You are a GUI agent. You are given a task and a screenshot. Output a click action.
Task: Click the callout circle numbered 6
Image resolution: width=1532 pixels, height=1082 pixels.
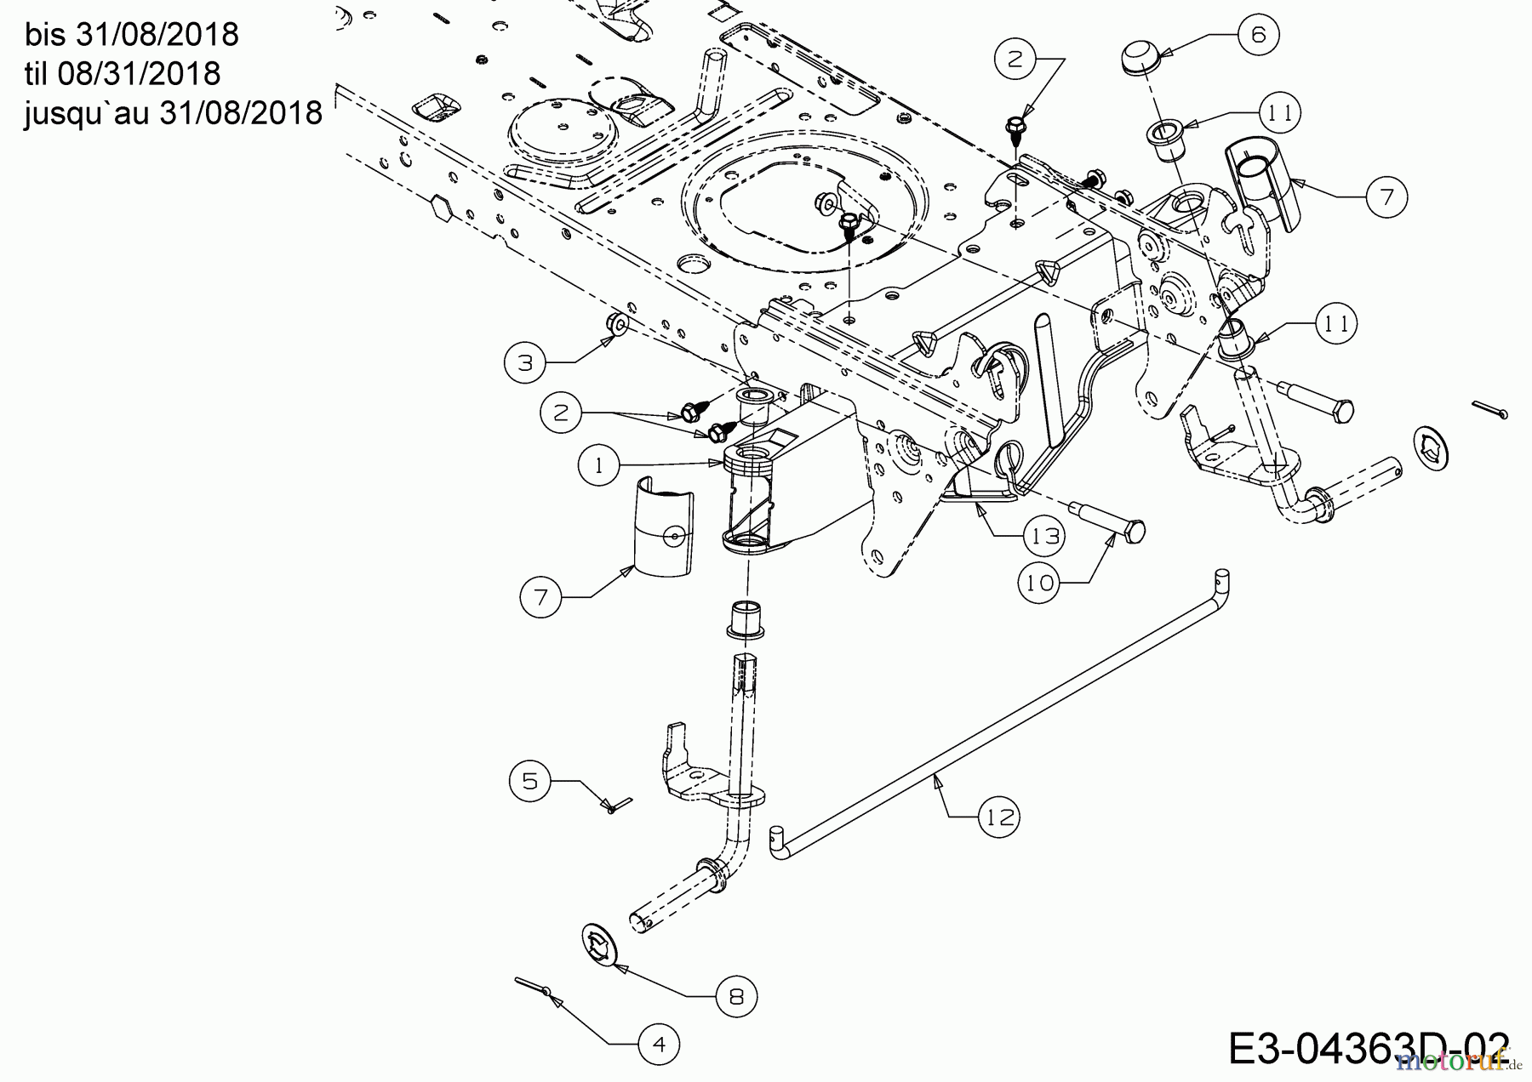(1258, 35)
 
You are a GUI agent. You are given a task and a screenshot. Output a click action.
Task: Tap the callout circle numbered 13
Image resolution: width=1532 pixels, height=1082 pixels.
(1044, 536)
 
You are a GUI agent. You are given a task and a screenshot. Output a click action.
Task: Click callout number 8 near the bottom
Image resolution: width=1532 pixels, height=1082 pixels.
(736, 996)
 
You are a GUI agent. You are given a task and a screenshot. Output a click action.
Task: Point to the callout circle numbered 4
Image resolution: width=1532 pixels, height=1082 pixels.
(660, 1045)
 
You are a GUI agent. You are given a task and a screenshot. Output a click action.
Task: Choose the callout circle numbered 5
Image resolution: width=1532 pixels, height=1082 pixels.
(530, 781)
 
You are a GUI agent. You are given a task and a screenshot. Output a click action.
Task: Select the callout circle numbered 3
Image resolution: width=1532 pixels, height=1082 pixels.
(525, 363)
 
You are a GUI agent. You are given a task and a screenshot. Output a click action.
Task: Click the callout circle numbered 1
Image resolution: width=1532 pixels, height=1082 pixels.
(599, 465)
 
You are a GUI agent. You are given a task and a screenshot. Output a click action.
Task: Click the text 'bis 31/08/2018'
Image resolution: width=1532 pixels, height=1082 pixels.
(132, 35)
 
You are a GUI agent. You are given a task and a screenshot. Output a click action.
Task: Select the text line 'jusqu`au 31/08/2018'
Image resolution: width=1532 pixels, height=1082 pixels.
(174, 112)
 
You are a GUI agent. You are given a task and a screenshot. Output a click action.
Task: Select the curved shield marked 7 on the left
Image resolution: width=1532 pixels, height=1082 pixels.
(664, 531)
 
